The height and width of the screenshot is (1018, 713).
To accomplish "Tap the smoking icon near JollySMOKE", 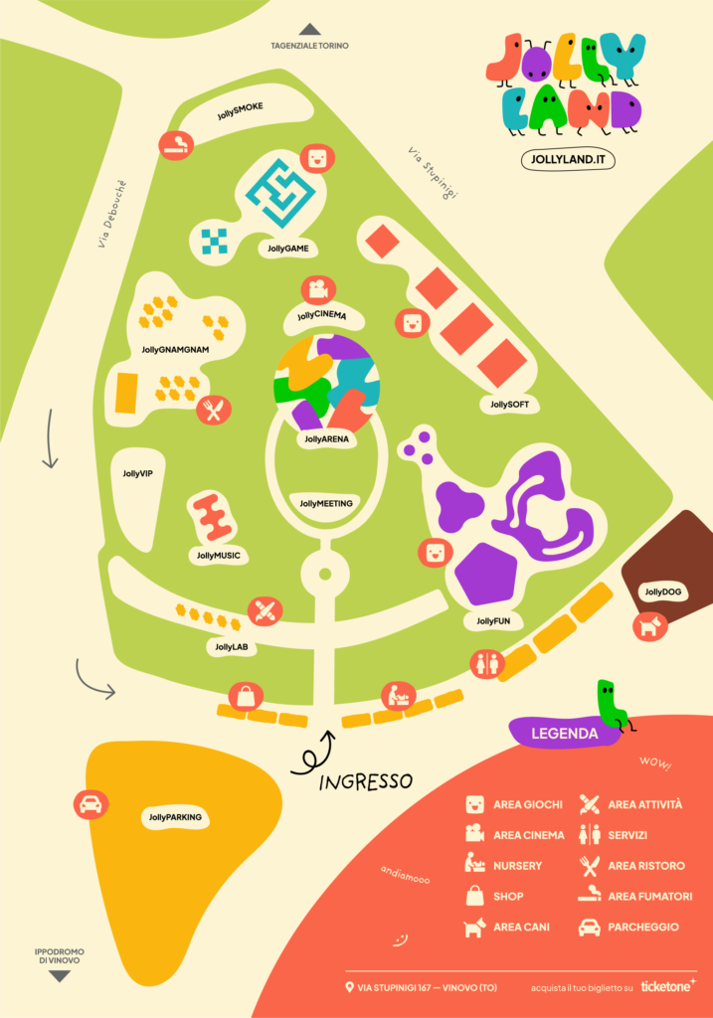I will tap(177, 145).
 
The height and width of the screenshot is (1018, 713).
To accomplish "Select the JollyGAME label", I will tap(288, 249).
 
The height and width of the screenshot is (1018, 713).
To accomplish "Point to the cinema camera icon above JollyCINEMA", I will tap(317, 290).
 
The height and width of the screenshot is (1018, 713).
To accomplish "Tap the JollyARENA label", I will tap(327, 437).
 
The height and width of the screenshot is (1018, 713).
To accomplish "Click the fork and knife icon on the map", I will tap(214, 409).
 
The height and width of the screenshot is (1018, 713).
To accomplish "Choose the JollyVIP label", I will tap(137, 474).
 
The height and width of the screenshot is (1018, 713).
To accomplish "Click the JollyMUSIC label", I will tap(219, 555).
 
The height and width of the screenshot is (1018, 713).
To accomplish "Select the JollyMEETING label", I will tap(326, 503).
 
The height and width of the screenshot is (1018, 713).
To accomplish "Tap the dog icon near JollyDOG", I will tap(650, 625).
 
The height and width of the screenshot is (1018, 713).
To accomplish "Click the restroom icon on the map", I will tap(486, 665).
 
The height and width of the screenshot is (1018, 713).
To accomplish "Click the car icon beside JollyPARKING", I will tap(90, 804).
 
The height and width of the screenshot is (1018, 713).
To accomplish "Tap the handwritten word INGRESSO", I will tap(365, 781).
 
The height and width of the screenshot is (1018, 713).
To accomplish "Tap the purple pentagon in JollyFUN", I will tap(485, 574).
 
